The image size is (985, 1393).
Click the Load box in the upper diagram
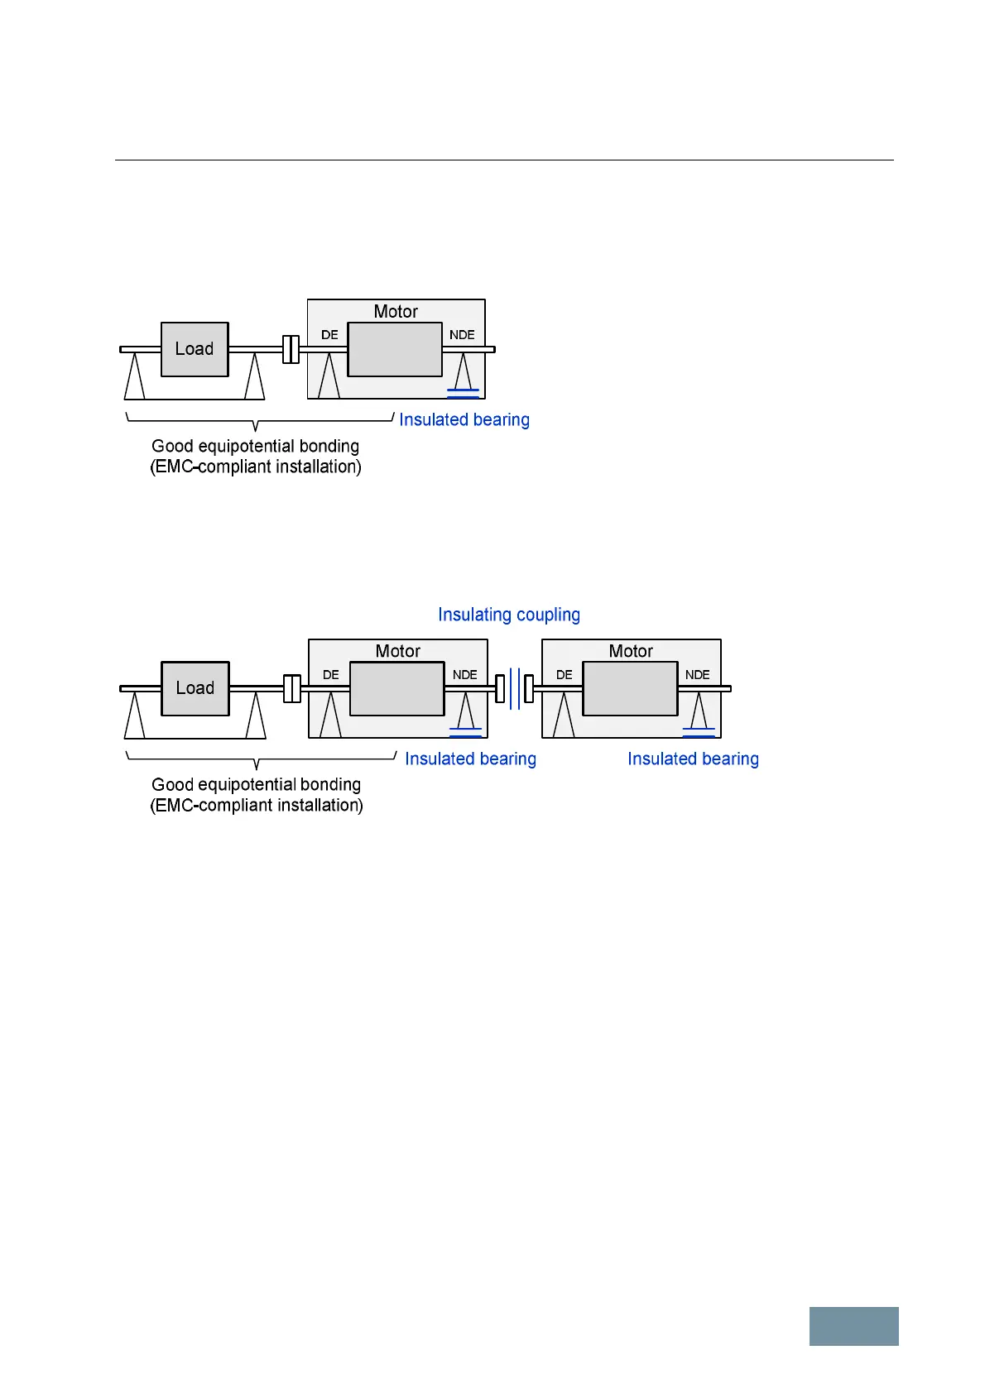tap(195, 349)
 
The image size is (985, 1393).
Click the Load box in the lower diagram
tap(195, 688)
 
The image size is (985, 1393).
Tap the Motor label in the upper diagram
tap(396, 312)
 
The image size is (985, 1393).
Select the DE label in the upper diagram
tap(329, 335)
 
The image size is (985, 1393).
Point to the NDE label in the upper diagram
tap(462, 335)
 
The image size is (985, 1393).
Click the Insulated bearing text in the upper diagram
tap(464, 420)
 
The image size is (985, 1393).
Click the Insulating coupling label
tap(508, 615)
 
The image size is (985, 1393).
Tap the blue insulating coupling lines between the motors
tap(515, 688)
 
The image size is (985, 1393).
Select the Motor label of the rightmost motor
tap(631, 651)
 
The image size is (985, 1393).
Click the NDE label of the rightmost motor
tap(697, 675)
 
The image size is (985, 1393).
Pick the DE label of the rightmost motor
tap(564, 675)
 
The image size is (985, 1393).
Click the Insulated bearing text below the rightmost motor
tap(693, 759)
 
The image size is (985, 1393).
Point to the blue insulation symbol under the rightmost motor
tap(699, 732)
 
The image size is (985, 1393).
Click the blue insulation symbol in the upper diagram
tap(463, 393)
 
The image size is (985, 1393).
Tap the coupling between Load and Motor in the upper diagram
tap(291, 349)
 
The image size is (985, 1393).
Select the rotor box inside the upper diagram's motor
tap(395, 350)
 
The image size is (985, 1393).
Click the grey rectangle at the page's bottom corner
tap(853, 1326)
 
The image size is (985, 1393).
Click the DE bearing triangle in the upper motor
tap(329, 376)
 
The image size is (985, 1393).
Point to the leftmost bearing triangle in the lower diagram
tap(134, 716)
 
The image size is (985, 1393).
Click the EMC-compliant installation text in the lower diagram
tap(257, 806)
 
